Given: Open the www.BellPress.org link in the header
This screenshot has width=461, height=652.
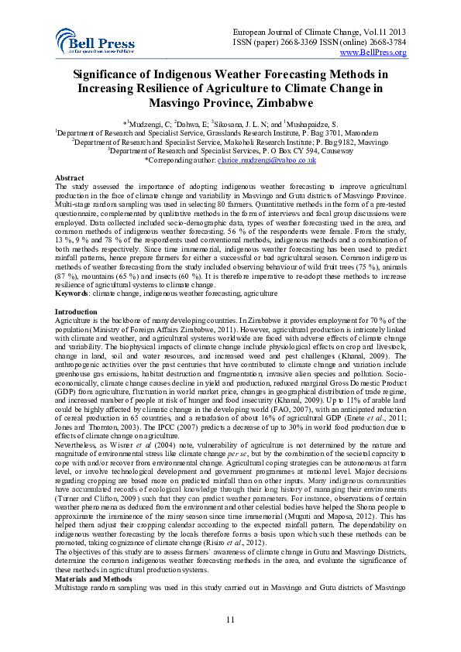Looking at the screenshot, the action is [x=374, y=52].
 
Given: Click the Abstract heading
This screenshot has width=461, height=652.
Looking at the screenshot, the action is [x=67, y=177].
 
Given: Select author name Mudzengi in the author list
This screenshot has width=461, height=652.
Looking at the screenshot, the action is [x=141, y=122].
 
